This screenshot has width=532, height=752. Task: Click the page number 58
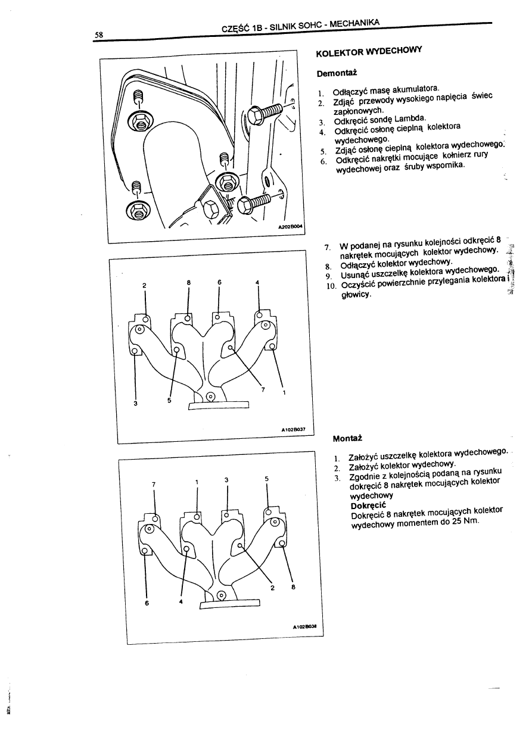pos(98,35)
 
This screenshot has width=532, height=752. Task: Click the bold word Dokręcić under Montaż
pos(369,505)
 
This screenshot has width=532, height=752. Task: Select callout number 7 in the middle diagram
pos(263,389)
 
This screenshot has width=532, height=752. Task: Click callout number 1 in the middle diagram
pos(284,393)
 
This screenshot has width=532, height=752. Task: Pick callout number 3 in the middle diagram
pos(136,404)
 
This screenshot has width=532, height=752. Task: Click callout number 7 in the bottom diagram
pos(154,483)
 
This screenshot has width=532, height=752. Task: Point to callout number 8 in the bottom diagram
pos(293,587)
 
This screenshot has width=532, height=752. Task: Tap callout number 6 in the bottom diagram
pos(146,603)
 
